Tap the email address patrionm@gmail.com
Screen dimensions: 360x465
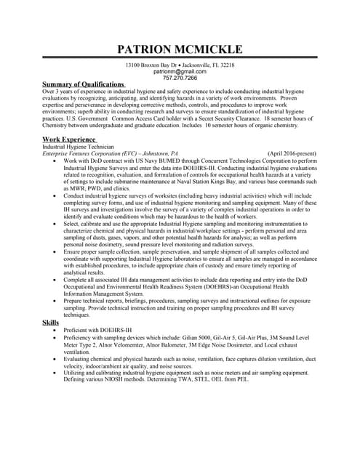(x=180, y=72)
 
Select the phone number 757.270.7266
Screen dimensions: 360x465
(x=180, y=78)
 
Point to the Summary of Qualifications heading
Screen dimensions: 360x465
(x=84, y=85)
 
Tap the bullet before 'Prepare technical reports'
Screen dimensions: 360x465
(x=57, y=301)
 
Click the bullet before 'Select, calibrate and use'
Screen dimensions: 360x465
(x=57, y=225)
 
